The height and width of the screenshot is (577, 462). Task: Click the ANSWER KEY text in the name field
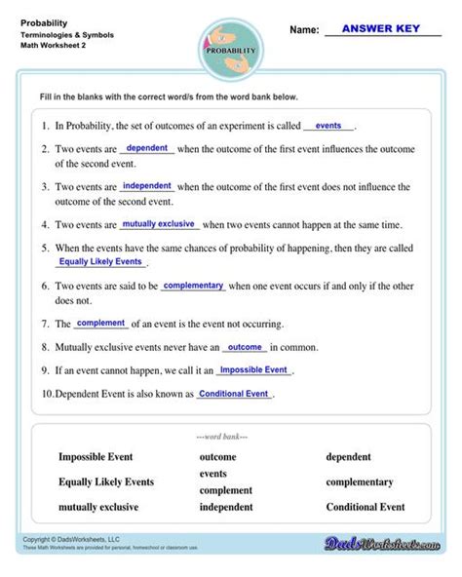point(381,28)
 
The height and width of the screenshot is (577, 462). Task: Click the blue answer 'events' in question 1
point(328,126)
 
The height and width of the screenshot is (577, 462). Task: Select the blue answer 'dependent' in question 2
point(147,148)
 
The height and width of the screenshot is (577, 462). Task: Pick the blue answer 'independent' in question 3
point(147,185)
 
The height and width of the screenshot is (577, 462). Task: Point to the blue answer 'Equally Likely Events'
point(101,262)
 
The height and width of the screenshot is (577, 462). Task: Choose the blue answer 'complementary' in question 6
point(194,286)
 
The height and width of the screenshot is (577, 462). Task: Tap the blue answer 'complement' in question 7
point(100,323)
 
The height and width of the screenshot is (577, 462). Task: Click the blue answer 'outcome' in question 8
point(245,347)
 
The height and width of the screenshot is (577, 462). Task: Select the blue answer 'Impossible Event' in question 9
point(252,370)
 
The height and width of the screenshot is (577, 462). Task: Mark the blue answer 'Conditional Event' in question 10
point(233,394)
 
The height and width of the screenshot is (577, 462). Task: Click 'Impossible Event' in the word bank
point(96,456)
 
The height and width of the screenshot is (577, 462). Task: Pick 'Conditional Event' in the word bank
point(366,507)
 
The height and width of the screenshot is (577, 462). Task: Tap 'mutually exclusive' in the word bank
point(98,507)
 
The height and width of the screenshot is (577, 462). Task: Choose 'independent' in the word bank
point(226,507)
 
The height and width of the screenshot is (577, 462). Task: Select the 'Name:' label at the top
point(305,30)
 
